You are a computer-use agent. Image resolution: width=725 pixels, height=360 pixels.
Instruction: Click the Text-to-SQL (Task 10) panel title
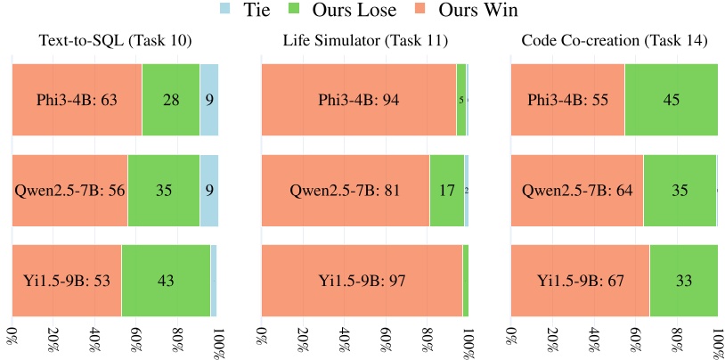115,41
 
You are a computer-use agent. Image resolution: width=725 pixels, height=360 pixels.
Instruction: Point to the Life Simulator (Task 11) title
365,41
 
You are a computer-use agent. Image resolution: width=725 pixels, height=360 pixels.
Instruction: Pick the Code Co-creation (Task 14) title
615,41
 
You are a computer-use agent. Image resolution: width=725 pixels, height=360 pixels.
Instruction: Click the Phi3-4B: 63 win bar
77,100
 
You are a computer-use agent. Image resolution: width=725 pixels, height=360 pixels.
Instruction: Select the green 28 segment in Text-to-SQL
171,100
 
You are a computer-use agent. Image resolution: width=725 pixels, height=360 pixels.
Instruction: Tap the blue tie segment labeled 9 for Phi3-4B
209,100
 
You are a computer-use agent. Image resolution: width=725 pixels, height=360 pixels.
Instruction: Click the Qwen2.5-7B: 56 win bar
69,190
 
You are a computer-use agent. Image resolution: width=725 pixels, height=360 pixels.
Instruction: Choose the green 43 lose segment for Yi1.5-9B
166,280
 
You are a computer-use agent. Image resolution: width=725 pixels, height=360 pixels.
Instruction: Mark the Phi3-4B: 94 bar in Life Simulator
359,100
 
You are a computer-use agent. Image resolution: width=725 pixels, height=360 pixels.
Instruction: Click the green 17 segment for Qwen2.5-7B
446,190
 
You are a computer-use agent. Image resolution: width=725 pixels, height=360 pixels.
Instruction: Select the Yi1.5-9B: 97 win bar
362,280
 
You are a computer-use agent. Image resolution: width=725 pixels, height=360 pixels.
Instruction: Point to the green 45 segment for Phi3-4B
672,100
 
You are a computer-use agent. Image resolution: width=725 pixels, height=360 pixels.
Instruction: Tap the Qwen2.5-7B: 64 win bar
577,190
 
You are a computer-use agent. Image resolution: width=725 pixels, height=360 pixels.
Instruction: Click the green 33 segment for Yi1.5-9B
684,280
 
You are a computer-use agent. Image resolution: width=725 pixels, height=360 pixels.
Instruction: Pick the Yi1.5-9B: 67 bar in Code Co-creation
580,280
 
